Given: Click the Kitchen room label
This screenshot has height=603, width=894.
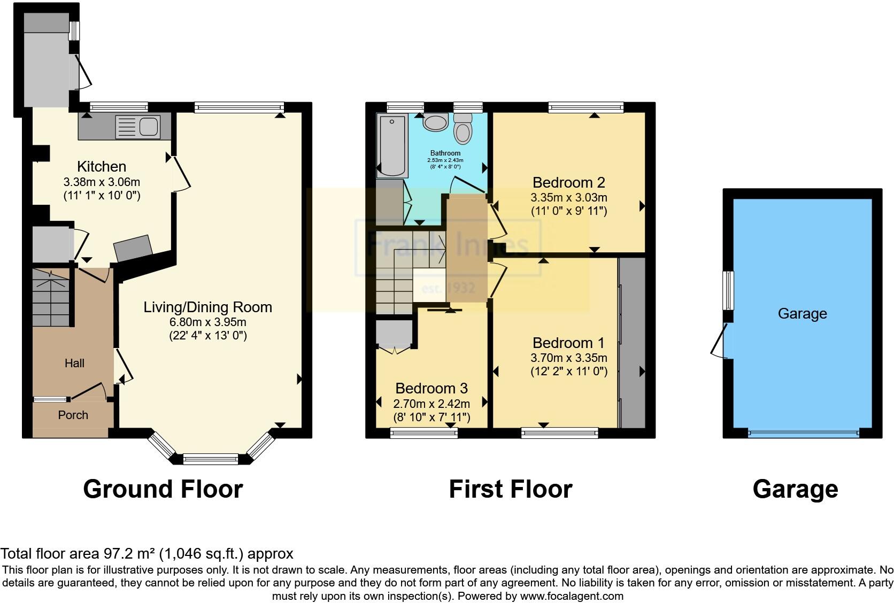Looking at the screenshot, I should (102, 166).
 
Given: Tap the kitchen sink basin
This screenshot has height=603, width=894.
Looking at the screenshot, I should (149, 127).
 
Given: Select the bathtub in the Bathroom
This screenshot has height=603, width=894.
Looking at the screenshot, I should (392, 145).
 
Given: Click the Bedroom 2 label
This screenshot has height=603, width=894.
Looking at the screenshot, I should (568, 182).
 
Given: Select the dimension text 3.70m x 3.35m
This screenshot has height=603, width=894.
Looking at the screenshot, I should (568, 358).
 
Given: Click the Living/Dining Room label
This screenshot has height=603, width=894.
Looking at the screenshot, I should (207, 307).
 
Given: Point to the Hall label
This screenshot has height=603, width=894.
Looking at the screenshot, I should (74, 364).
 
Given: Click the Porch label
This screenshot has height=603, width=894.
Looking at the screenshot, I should (73, 415).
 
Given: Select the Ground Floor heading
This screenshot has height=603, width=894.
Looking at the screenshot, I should (163, 489).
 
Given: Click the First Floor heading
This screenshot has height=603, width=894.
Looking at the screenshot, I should (510, 489).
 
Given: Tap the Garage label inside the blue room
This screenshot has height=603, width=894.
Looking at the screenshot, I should (802, 313).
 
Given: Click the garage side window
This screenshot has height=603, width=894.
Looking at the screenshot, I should (728, 290).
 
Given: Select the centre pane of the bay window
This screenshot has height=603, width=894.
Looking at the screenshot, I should (210, 459).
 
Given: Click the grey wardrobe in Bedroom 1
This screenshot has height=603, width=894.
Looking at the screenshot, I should (633, 342).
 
